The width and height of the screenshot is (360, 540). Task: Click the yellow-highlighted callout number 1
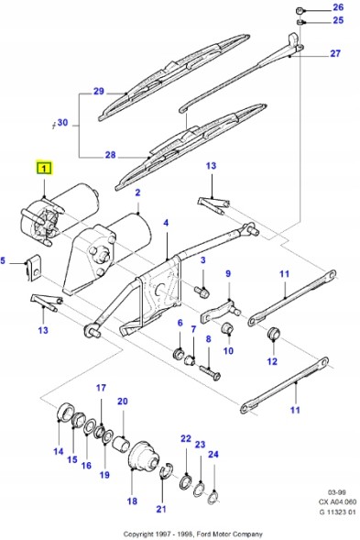[x=44, y=168]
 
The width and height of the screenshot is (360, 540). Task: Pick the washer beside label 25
[x=300, y=20]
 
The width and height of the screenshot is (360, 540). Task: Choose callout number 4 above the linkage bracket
[x=166, y=223]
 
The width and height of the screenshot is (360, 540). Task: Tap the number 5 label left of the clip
[x=5, y=260]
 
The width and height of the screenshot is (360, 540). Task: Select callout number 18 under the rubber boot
[x=132, y=501]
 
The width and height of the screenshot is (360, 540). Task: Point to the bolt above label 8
[x=210, y=371]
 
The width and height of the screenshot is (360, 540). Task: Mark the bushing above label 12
[x=272, y=333]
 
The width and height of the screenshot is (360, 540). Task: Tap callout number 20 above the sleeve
[x=123, y=402]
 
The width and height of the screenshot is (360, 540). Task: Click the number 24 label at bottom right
[x=213, y=454]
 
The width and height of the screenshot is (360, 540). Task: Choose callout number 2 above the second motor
[x=137, y=193]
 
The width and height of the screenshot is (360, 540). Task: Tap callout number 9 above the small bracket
[x=229, y=273]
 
